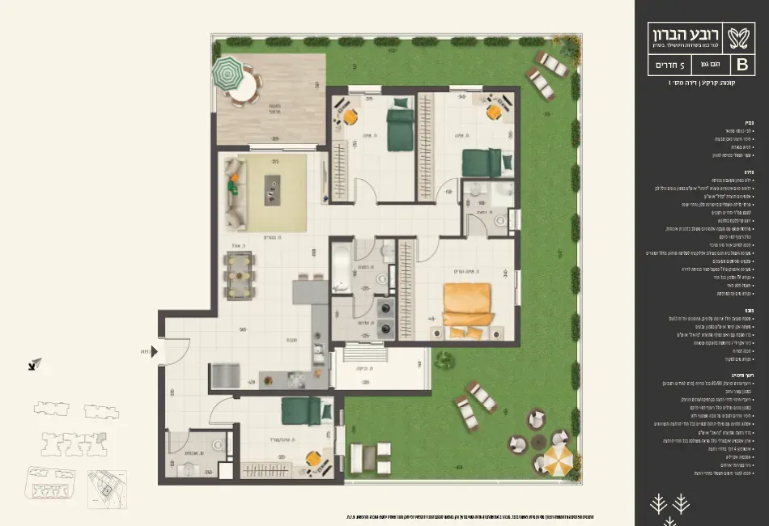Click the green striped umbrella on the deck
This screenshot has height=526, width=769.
(x=227, y=74)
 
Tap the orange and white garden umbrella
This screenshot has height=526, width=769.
(x=558, y=460)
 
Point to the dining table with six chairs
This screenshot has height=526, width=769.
(x=239, y=275)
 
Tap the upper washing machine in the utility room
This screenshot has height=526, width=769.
(x=384, y=308)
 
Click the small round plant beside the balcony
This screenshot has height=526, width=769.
(x=443, y=360)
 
